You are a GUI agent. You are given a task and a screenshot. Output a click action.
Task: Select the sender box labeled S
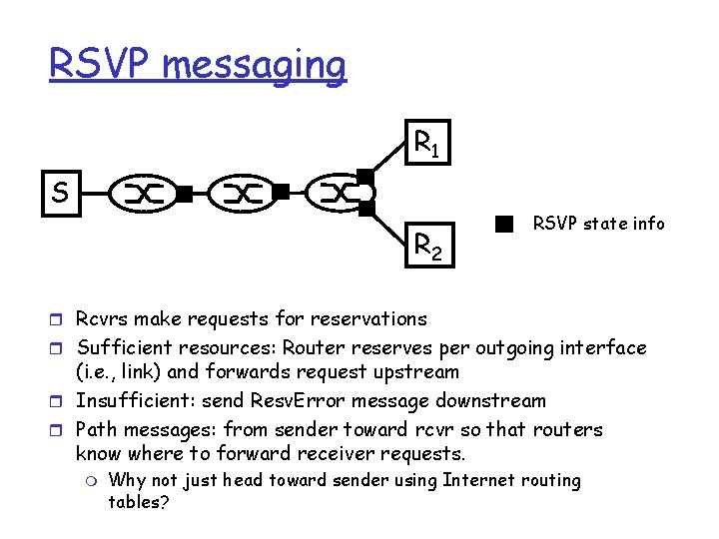pyautogui.click(x=60, y=191)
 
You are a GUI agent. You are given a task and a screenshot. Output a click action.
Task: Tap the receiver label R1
pyautogui.click(x=427, y=146)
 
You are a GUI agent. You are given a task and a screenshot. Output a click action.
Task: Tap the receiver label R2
pyautogui.click(x=428, y=244)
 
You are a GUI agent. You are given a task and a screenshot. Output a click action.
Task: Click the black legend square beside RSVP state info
pyautogui.click(x=504, y=224)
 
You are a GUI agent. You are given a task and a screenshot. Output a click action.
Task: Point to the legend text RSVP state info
pyautogui.click(x=598, y=224)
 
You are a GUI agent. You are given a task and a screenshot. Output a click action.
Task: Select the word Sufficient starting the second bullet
pyautogui.click(x=127, y=348)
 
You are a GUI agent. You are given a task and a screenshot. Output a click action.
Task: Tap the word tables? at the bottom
pyautogui.click(x=139, y=502)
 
